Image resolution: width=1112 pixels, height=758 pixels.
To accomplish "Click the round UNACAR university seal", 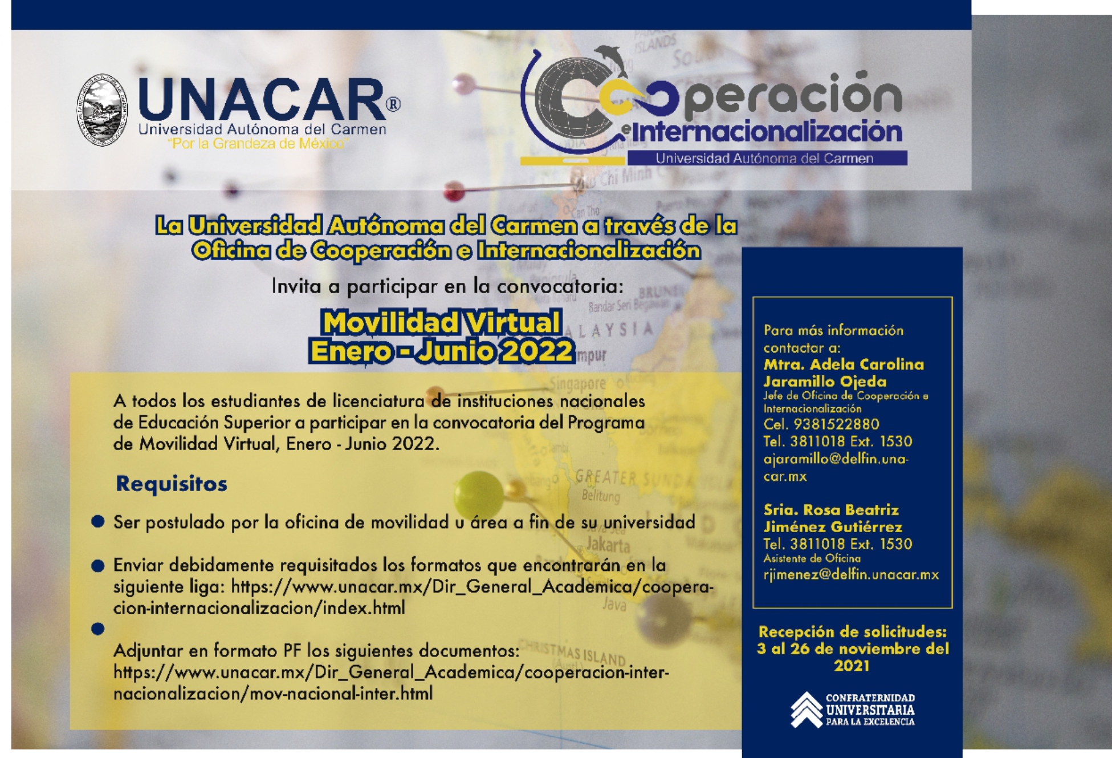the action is [x=102, y=110].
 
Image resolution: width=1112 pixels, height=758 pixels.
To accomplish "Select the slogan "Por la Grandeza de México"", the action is [x=258, y=144].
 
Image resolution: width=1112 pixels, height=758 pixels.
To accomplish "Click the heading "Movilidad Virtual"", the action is [x=442, y=323].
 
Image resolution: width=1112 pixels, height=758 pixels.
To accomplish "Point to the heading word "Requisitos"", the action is [x=172, y=484].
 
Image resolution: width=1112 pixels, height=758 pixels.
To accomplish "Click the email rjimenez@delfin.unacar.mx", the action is [x=851, y=574].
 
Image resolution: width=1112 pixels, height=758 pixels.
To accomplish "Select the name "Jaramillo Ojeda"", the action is [x=825, y=382].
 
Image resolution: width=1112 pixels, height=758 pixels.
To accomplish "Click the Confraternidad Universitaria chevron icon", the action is [x=806, y=710].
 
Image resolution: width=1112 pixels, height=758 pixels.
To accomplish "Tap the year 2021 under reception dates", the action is [x=852, y=666].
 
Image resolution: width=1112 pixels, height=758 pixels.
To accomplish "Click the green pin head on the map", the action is [x=478, y=496].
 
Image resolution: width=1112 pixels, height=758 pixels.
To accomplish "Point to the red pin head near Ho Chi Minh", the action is [x=454, y=190].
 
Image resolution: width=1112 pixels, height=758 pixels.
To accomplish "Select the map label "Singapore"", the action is [x=577, y=384].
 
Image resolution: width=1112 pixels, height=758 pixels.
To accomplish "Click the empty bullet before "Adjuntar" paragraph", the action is [x=98, y=629].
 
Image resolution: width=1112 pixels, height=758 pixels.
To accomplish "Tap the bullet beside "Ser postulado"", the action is [x=98, y=521].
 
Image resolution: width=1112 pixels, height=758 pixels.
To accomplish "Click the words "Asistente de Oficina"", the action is [x=812, y=559].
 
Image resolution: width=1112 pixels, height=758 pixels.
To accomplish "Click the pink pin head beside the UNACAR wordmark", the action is [x=464, y=84].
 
